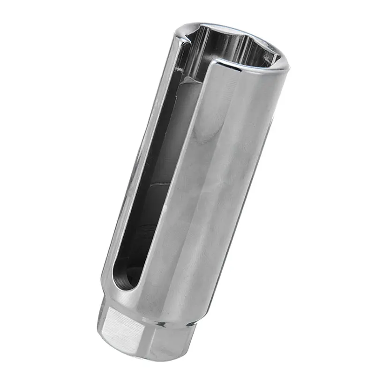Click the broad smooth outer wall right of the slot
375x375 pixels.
220,187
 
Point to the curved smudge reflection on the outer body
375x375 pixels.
202,136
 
